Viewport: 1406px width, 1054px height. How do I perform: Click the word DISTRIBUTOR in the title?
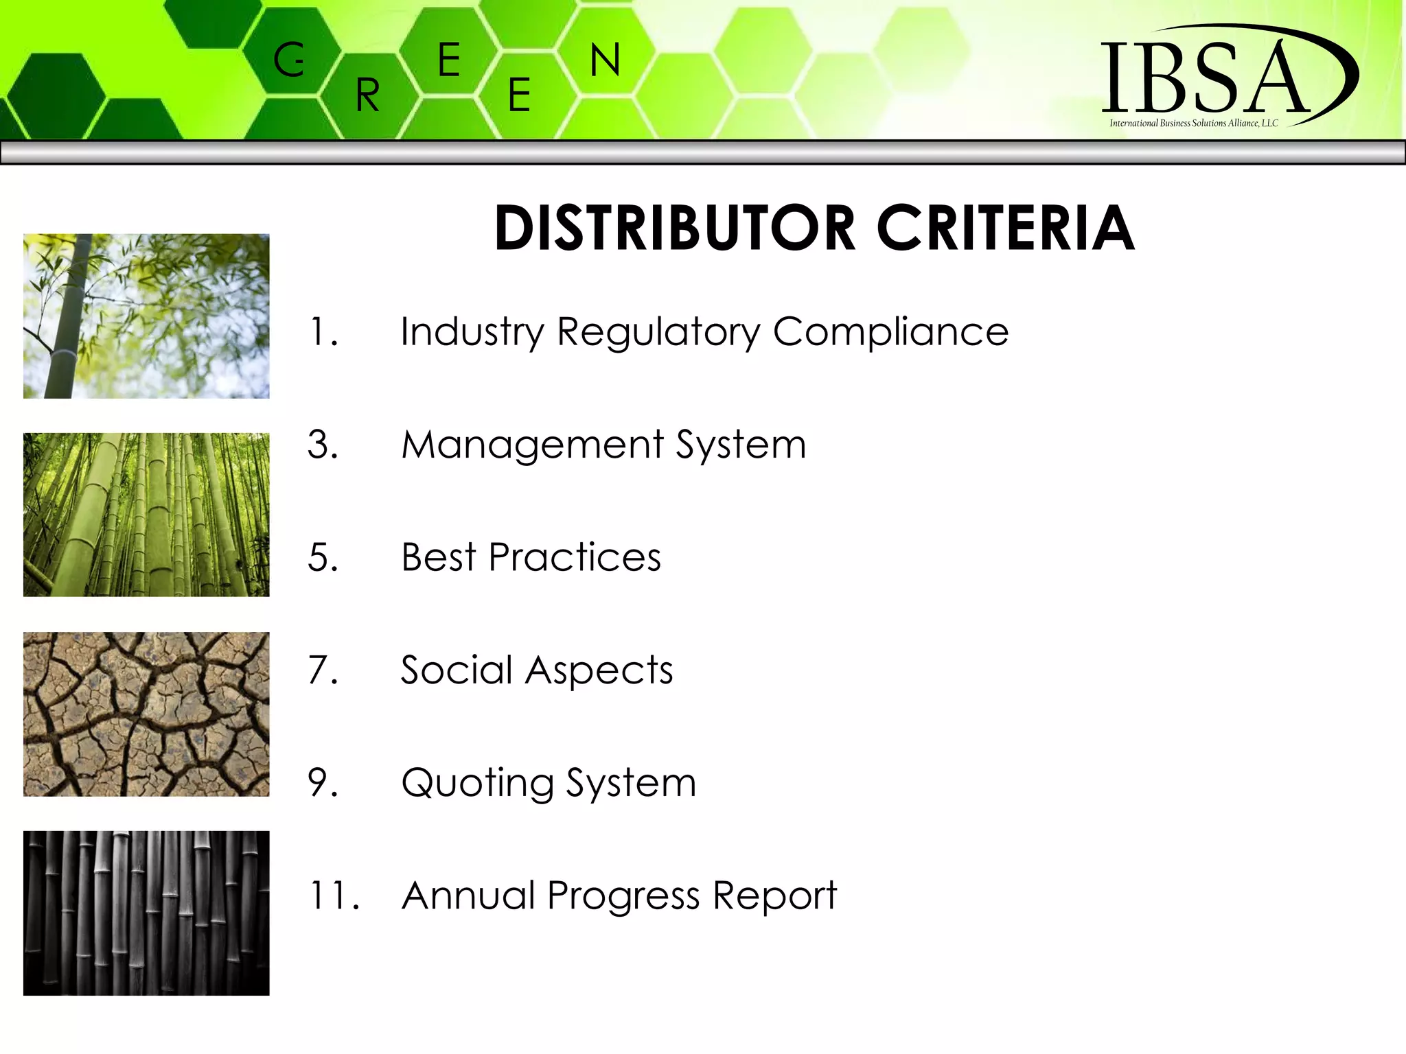click(x=675, y=228)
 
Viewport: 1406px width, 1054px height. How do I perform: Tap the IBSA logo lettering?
click(x=1205, y=78)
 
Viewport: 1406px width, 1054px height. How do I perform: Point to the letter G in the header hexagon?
click(x=289, y=60)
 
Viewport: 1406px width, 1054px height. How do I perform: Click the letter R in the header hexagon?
click(x=368, y=95)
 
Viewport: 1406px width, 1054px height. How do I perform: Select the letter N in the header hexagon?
click(x=605, y=60)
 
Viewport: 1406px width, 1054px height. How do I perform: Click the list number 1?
click(x=323, y=332)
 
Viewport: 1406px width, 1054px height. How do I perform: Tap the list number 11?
click(x=334, y=895)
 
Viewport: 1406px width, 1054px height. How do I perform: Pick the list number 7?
click(x=323, y=670)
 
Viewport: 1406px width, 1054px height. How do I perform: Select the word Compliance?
click(x=890, y=332)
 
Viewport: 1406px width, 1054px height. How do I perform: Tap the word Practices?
click(x=575, y=557)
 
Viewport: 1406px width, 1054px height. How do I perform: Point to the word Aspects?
click(x=599, y=671)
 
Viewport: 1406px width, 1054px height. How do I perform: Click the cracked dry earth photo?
click(x=146, y=714)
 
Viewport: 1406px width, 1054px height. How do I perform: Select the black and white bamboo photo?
click(x=146, y=913)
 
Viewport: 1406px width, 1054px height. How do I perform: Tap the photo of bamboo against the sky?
click(x=146, y=316)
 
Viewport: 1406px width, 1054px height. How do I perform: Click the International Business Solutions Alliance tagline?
click(x=1193, y=124)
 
